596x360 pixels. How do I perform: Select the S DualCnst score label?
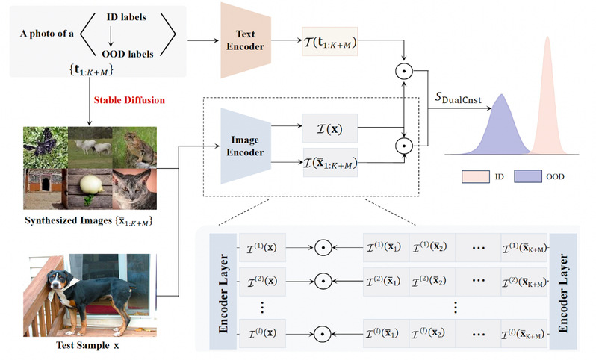click(x=460, y=98)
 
